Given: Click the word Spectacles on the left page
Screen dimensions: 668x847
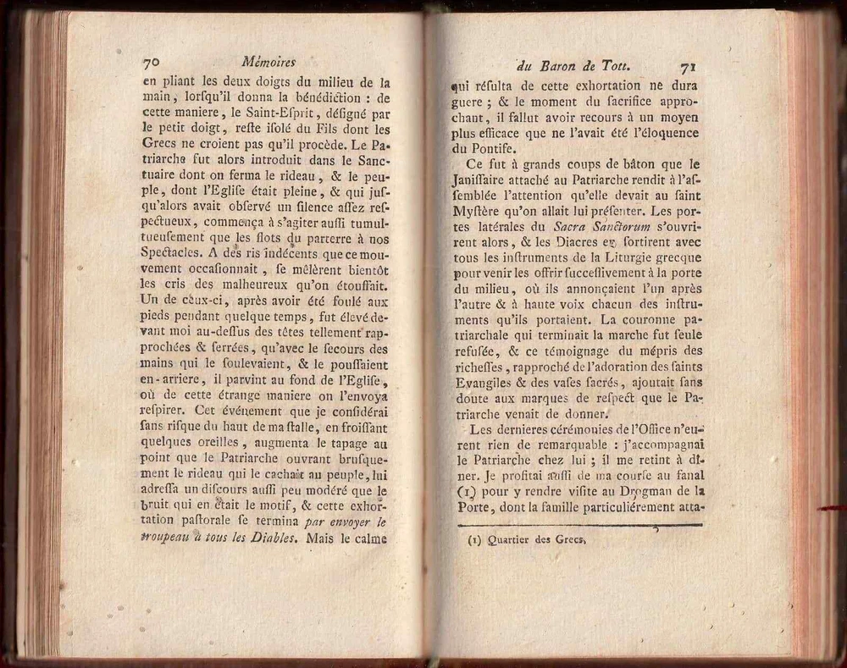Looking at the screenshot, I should [174, 251].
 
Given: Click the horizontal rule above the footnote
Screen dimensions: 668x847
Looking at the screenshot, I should [576, 526].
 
